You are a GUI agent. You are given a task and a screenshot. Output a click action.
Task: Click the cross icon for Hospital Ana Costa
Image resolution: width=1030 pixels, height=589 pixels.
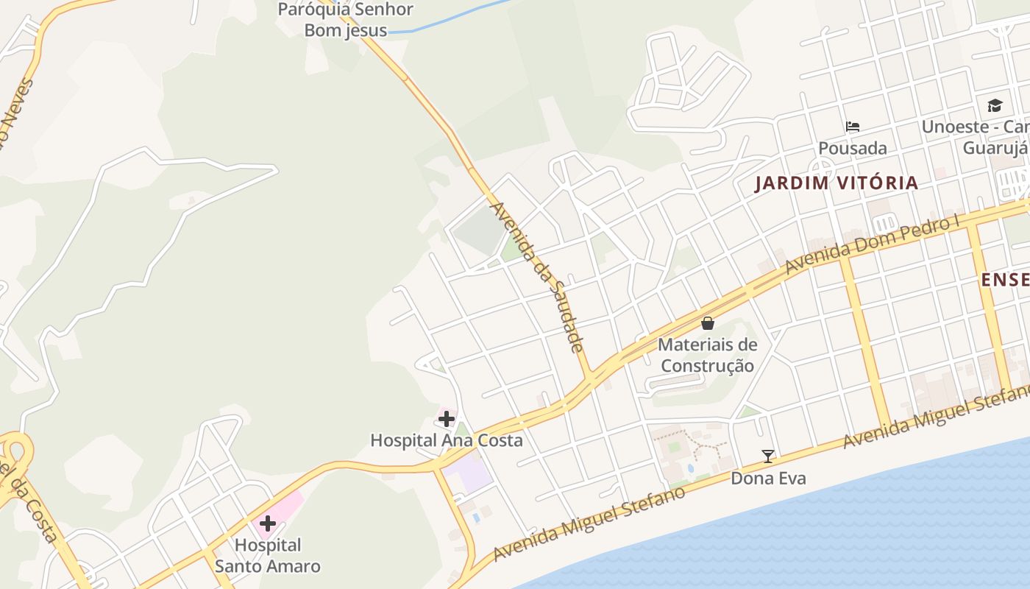tap(447, 419)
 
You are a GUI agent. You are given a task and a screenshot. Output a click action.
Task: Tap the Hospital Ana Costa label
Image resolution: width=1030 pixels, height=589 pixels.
tap(447, 440)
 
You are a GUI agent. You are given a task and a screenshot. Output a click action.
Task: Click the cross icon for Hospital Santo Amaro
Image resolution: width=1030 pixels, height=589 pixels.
tap(267, 523)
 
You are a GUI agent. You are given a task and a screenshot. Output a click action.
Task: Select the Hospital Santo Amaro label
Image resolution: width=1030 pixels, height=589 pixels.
tap(268, 556)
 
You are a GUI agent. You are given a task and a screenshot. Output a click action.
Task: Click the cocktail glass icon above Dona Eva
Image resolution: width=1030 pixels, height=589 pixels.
tap(768, 456)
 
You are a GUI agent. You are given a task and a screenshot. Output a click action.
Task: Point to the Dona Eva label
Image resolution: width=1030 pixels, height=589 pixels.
tap(768, 479)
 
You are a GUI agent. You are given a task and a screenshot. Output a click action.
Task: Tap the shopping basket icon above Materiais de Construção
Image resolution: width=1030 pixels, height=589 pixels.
tap(708, 322)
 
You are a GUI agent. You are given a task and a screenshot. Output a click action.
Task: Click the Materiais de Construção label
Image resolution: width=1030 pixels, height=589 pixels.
tap(708, 355)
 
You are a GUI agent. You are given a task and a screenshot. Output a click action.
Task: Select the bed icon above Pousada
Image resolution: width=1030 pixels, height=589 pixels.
tap(853, 127)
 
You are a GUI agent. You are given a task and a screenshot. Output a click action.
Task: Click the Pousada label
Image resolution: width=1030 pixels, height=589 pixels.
tap(853, 148)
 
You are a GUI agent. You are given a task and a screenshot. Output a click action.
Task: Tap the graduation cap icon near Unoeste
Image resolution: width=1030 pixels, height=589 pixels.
tap(995, 105)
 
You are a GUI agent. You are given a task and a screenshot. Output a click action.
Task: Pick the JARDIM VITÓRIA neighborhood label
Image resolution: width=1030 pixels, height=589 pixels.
tap(837, 183)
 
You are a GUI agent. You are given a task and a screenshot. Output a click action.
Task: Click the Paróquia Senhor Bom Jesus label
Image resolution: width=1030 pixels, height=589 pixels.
tap(346, 20)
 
